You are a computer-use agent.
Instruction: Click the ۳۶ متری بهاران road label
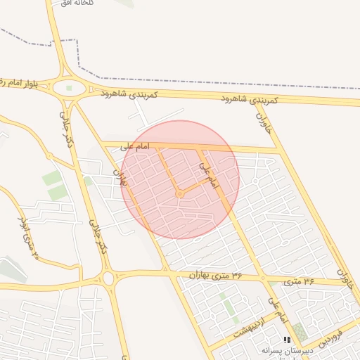(x=214, y=275)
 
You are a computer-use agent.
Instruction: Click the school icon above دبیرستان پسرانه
(x=286, y=340)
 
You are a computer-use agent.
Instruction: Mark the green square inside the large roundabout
(x=69, y=88)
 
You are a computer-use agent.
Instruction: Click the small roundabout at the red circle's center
(x=180, y=193)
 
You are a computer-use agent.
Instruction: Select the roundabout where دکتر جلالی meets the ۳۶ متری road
(x=109, y=279)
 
